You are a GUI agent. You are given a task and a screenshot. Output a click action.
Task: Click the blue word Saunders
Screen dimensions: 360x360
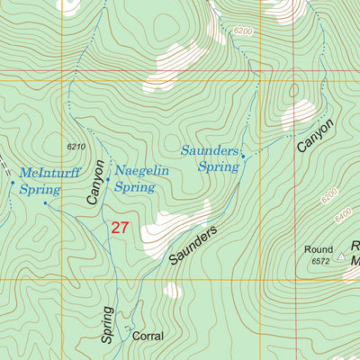pyautogui.click(x=211, y=148)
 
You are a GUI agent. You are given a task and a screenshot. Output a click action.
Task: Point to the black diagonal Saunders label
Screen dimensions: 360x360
pyautogui.click(x=193, y=245)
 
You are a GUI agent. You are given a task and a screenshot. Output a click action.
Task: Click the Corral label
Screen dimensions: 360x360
pyautogui.click(x=148, y=336)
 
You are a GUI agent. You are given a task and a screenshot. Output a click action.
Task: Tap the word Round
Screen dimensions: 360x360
pyautogui.click(x=318, y=249)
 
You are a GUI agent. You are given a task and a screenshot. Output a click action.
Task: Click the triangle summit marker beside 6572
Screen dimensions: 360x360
pyautogui.click(x=341, y=256)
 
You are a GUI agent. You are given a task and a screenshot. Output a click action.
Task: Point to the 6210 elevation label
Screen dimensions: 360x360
pyautogui.click(x=77, y=146)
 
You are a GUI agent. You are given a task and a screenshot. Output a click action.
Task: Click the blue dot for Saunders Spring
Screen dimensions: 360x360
pyautogui.click(x=243, y=157)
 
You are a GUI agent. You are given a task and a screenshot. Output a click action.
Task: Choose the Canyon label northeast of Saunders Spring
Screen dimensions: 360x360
pyautogui.click(x=317, y=135)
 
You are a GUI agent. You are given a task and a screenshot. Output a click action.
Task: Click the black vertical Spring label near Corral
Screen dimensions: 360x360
pyautogui.click(x=107, y=325)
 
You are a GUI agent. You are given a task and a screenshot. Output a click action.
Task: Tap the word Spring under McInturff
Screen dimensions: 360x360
pyautogui.click(x=41, y=190)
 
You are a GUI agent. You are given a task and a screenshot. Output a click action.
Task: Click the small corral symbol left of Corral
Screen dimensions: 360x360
pyautogui.click(x=128, y=329)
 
